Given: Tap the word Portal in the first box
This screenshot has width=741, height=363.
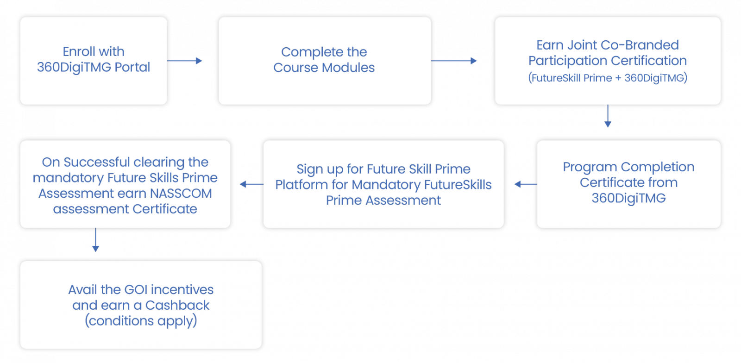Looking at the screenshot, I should click(x=132, y=67).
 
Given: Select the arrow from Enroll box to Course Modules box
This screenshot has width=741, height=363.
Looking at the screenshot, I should click(x=185, y=61).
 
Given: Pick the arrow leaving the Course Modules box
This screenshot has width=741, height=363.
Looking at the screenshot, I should click(x=454, y=61).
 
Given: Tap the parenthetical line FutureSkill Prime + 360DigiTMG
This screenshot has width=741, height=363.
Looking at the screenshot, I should click(x=608, y=78).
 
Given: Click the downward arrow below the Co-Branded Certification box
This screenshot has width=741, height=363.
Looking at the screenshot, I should click(x=608, y=117).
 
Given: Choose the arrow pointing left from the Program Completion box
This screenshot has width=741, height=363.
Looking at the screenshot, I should click(x=525, y=184).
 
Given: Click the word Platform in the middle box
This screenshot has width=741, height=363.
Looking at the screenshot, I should click(x=301, y=185).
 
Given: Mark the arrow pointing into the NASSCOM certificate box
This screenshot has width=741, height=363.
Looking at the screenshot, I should click(x=251, y=184).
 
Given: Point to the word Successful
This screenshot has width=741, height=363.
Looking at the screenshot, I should click(x=97, y=162).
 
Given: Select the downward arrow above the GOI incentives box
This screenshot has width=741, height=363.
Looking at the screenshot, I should click(x=95, y=241).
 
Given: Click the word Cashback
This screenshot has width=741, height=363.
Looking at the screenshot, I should click(x=177, y=305).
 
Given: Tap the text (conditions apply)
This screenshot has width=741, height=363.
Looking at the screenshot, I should click(x=141, y=321).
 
